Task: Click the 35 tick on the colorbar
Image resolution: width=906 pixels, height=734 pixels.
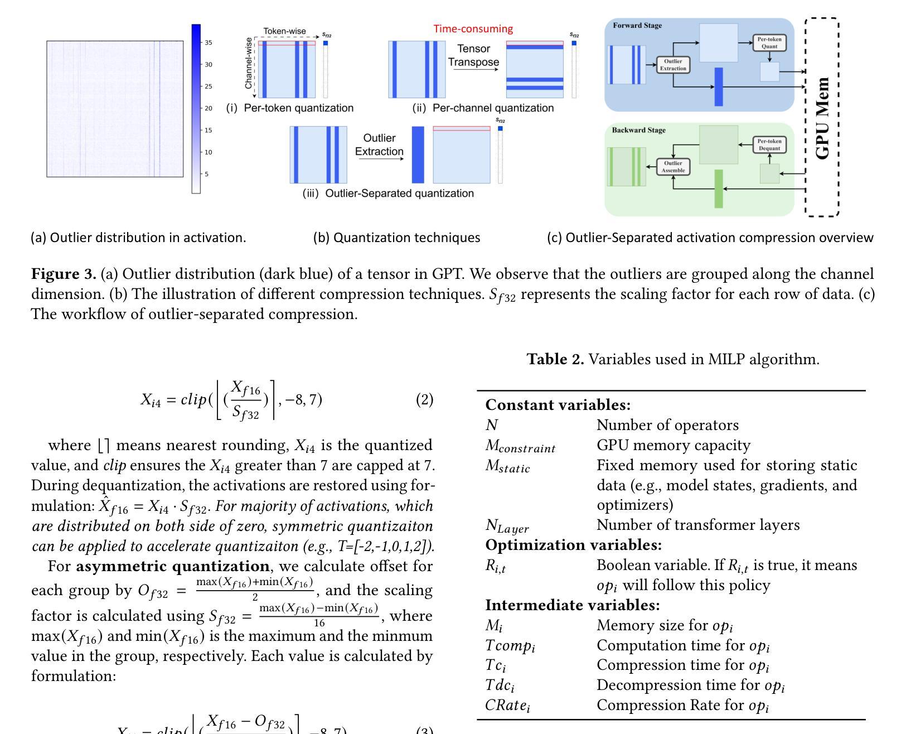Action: pyautogui.click(x=208, y=42)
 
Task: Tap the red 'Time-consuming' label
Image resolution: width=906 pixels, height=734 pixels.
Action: pyautogui.click(x=473, y=29)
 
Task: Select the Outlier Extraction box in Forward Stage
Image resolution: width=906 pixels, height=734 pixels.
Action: pyautogui.click(x=672, y=65)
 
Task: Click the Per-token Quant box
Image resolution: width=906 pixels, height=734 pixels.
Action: pyautogui.click(x=769, y=42)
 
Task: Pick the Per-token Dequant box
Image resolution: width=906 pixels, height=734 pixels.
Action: pyautogui.click(x=769, y=144)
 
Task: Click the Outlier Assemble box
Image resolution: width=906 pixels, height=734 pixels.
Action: pyautogui.click(x=672, y=167)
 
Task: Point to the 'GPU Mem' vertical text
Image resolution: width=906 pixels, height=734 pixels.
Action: pyautogui.click(x=822, y=118)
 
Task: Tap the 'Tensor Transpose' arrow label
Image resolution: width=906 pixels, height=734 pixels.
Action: pyautogui.click(x=473, y=55)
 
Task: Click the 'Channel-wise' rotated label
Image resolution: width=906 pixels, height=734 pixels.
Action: pyautogui.click(x=249, y=63)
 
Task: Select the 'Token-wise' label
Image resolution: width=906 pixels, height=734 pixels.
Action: pyautogui.click(x=284, y=31)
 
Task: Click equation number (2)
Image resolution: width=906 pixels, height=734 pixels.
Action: pyautogui.click(x=424, y=399)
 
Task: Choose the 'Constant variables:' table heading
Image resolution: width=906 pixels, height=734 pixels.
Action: pyautogui.click(x=558, y=405)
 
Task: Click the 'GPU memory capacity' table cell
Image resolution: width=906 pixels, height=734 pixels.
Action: pyautogui.click(x=674, y=445)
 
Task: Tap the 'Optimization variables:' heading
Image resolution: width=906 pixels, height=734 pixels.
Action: pyautogui.click(x=573, y=545)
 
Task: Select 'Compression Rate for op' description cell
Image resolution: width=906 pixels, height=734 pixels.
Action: pyautogui.click(x=682, y=706)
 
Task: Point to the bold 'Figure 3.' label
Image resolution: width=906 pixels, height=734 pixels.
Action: pyautogui.click(x=64, y=274)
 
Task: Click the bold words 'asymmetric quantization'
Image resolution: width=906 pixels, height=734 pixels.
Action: pyautogui.click(x=173, y=566)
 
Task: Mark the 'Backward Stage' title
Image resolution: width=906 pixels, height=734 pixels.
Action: pyautogui.click(x=638, y=130)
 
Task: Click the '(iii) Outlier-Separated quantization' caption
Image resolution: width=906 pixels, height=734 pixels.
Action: pyautogui.click(x=388, y=193)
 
